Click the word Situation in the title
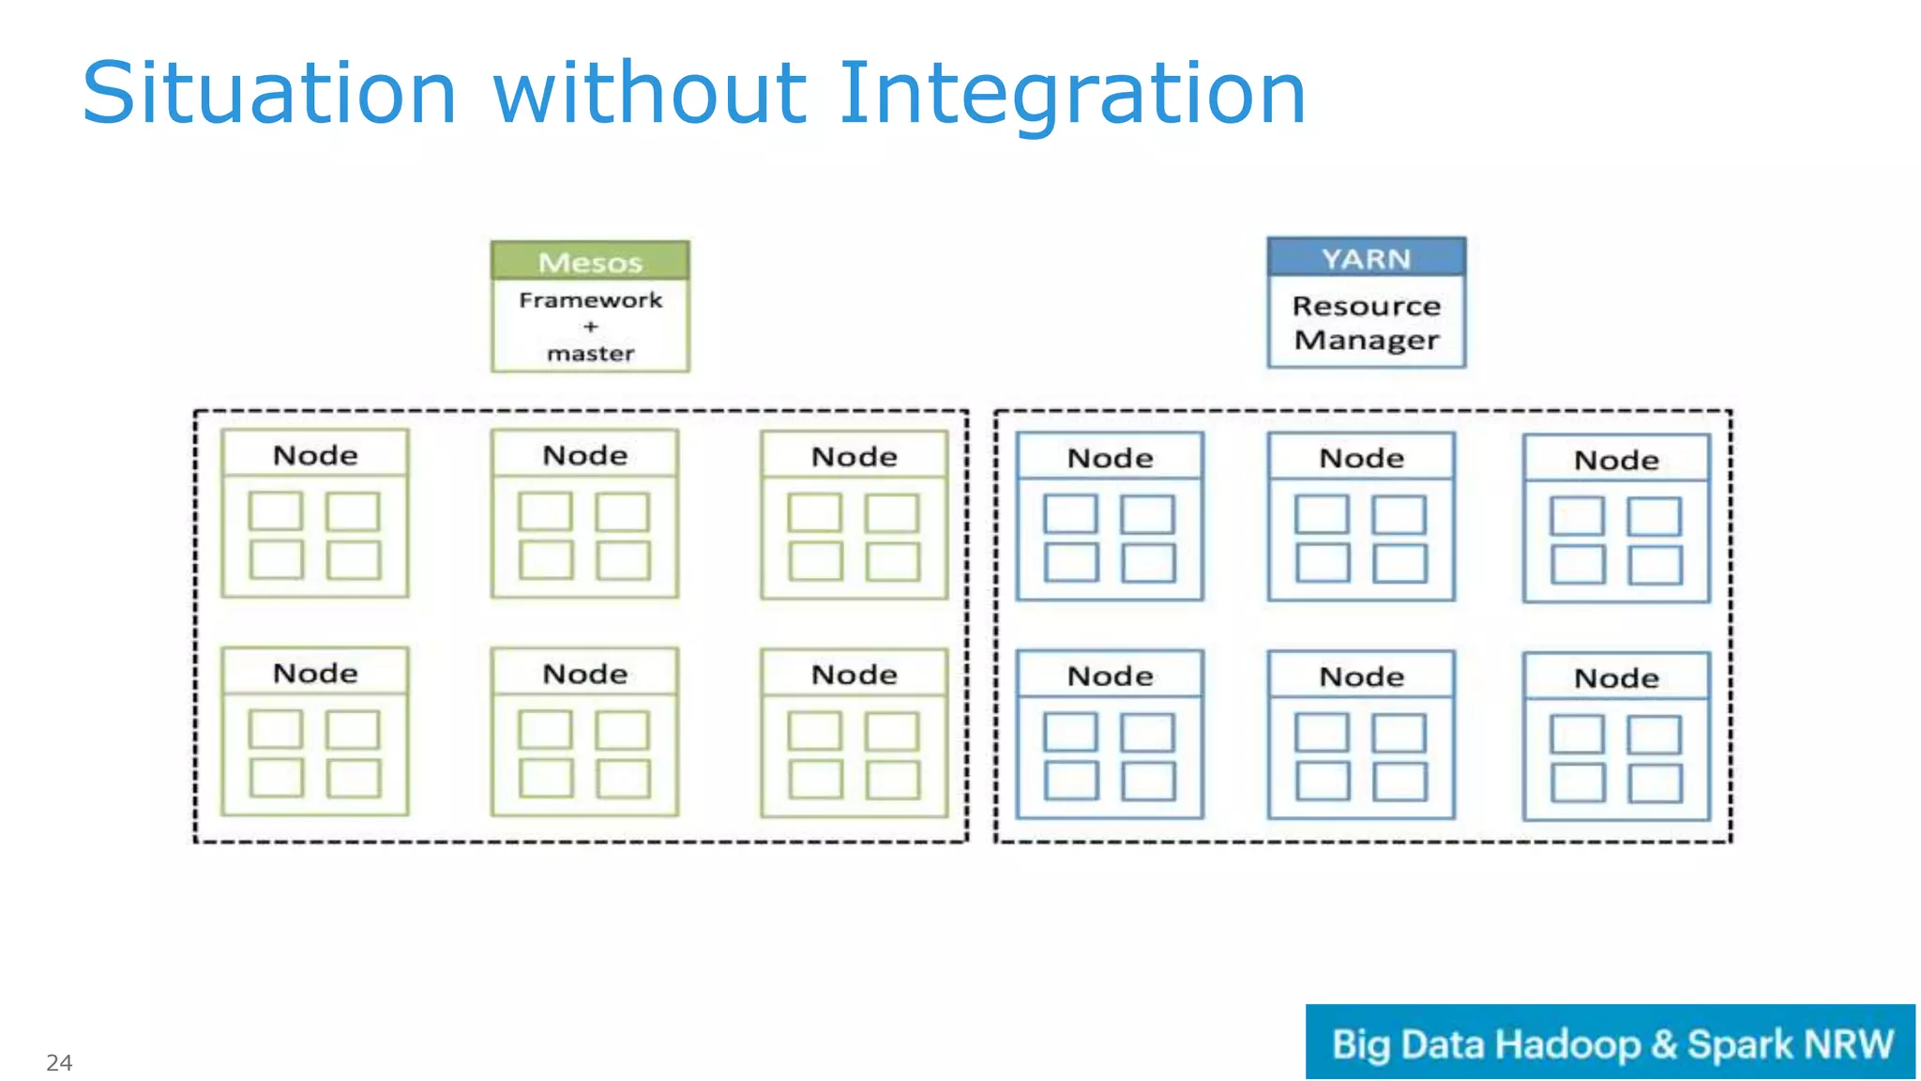(269, 94)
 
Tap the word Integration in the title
(1071, 94)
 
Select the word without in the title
(649, 94)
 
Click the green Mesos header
(590, 262)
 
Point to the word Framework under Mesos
(590, 300)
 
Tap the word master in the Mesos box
(590, 354)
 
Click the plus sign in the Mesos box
(590, 327)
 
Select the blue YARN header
(1366, 258)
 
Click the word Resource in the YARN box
(1366, 306)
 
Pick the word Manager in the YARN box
(1366, 340)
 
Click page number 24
(59, 1062)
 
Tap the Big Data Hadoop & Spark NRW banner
(1611, 1043)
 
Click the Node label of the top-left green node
(315, 455)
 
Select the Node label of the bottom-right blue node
(1616, 678)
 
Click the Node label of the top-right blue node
(1616, 460)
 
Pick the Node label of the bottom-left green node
(315, 673)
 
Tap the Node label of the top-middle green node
(584, 455)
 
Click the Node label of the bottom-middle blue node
(1361, 677)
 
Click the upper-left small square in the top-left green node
(276, 511)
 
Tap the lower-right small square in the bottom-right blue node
(1655, 783)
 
